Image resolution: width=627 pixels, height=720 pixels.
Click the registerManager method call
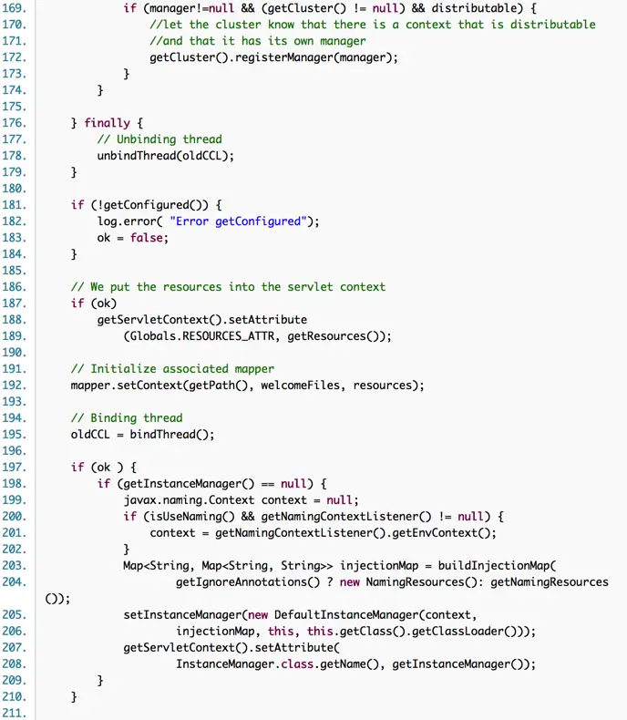(x=274, y=57)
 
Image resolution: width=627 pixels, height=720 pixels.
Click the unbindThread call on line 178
(x=139, y=155)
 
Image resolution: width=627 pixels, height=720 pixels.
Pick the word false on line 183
(x=149, y=237)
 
